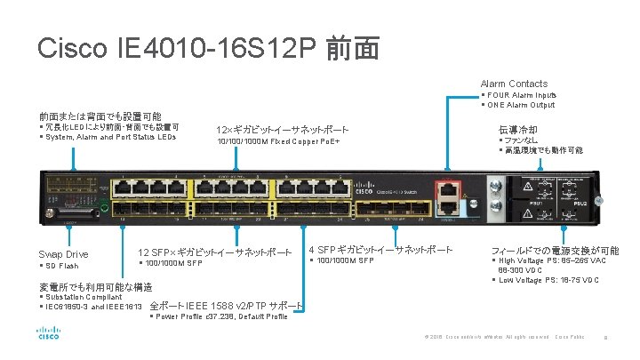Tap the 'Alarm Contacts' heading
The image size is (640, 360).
pos(514,84)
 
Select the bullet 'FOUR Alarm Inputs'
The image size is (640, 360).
pos(521,94)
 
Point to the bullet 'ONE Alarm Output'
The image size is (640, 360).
pos(521,104)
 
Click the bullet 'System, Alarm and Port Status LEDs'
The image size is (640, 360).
pos(110,137)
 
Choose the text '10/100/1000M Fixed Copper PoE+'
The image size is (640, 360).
pos(278,142)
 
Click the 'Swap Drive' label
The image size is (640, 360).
pos(63,254)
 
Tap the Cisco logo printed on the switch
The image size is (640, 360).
pos(364,191)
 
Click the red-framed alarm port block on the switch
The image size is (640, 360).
pos(450,196)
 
